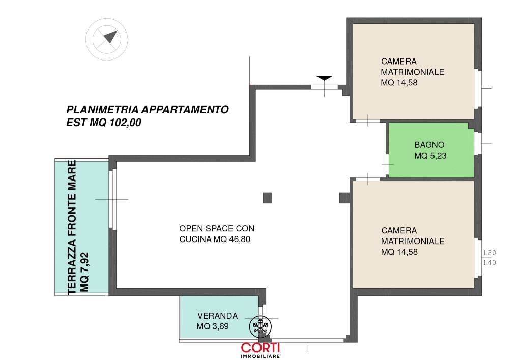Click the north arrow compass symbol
point(107,40)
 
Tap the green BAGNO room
point(431,150)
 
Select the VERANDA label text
point(218,316)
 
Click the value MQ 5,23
point(430,156)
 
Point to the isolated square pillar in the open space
point(268,198)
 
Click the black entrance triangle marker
point(324,78)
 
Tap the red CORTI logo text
point(260,348)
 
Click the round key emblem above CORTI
point(260,326)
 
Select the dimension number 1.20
point(489,253)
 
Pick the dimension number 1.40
point(489,263)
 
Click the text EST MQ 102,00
point(104,123)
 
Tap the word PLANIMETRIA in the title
point(103,110)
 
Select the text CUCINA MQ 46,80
point(215,239)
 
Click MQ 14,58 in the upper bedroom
point(399,83)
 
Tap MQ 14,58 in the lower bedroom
point(399,252)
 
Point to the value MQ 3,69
point(213,326)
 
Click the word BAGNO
point(429,145)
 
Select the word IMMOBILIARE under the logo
point(260,356)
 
